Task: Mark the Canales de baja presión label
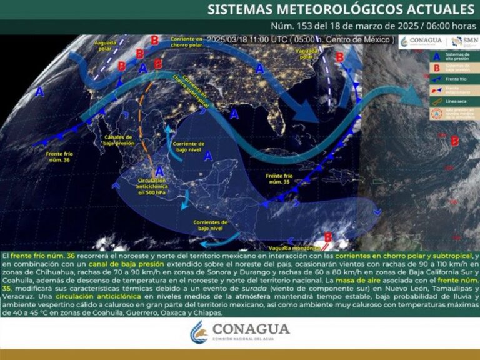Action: click(x=120, y=140)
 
